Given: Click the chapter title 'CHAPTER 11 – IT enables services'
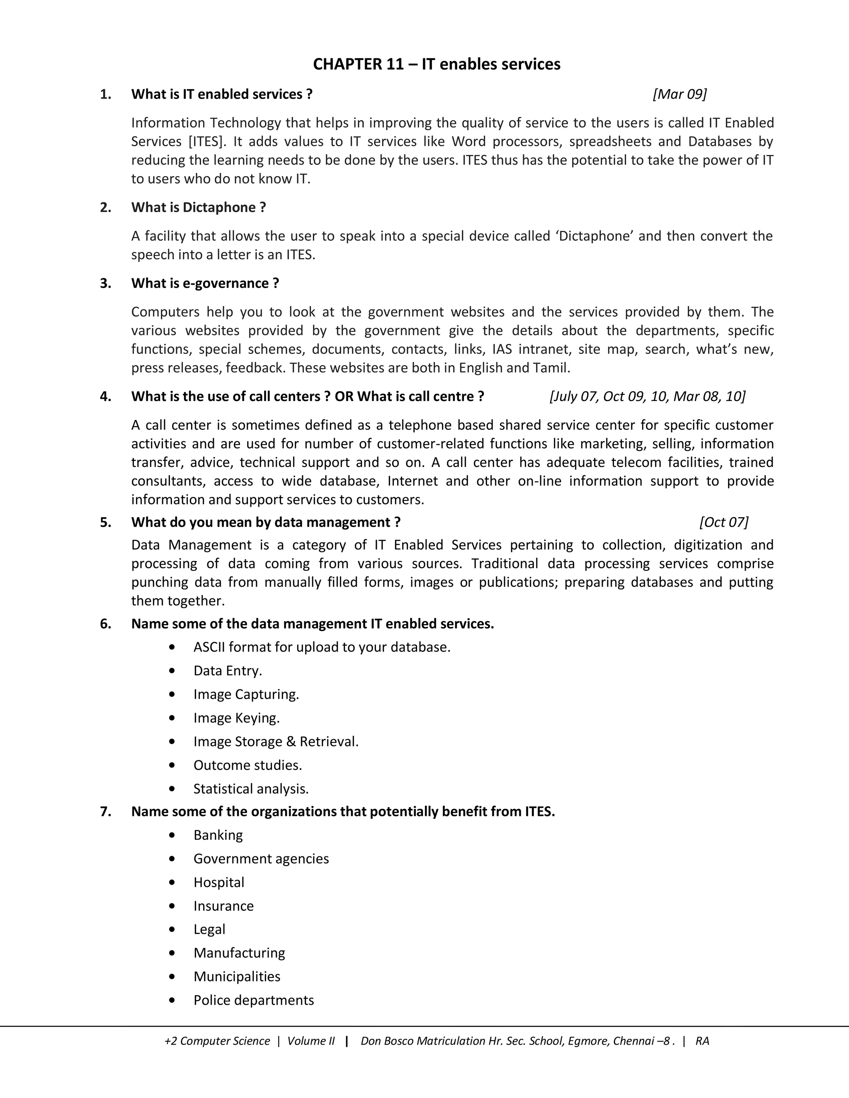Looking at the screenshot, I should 437,64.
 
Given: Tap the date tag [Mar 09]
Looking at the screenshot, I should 679,94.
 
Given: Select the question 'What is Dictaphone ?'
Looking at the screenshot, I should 199,208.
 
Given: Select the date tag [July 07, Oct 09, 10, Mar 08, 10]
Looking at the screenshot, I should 647,397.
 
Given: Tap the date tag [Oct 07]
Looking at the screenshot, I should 724,522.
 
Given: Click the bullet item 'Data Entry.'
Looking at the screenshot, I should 227,671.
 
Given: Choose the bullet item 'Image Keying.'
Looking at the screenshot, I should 236,718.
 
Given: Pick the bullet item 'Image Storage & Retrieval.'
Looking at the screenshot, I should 276,742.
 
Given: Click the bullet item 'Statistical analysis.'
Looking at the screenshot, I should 251,789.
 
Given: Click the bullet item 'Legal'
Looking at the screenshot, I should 209,930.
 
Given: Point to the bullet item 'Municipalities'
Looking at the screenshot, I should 237,977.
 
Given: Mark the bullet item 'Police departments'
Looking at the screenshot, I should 253,1001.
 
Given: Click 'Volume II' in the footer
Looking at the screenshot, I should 310,1041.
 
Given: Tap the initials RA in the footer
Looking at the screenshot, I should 702,1041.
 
